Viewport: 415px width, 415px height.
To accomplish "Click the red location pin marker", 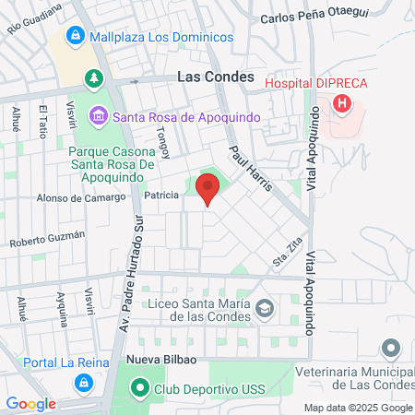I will [207, 190].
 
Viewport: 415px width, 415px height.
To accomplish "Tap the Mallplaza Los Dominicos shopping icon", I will [75, 37].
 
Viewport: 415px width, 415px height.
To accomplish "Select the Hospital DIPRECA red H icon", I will [342, 102].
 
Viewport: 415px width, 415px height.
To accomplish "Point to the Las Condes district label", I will [214, 78].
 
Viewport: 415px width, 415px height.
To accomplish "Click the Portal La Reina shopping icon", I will [83, 381].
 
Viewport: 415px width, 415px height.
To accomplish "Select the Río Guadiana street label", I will [34, 18].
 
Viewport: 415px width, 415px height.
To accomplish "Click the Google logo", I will [31, 403].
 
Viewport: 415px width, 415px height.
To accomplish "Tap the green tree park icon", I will [93, 78].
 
